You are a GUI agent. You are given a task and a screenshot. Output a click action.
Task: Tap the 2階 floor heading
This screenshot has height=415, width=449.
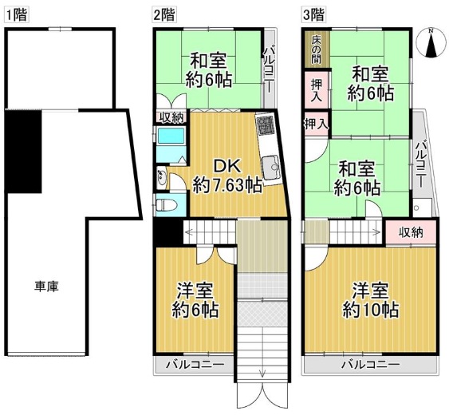coord(165,14)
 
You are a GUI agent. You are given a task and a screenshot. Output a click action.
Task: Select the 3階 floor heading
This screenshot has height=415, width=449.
coord(313,14)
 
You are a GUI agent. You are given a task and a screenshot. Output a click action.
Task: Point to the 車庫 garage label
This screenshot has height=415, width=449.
coord(46,286)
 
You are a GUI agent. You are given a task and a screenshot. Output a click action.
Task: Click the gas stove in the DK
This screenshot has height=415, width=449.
coord(265,127)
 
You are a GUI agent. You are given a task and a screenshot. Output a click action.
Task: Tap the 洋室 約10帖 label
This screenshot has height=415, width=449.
coord(370,300)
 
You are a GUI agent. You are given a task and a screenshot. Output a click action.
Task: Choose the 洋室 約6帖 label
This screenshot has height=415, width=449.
coord(195,300)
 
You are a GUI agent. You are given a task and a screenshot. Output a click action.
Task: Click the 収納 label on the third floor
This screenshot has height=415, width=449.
coord(412,232)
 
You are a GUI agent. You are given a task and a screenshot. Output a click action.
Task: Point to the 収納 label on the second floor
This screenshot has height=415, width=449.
coord(171,118)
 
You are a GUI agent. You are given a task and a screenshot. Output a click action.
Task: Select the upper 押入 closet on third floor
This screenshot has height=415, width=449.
coord(317,89)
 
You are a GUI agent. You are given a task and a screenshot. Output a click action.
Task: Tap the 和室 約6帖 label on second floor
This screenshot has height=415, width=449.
coord(208,69)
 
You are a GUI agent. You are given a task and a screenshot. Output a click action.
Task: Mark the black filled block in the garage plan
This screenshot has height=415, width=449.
coord(23,152)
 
